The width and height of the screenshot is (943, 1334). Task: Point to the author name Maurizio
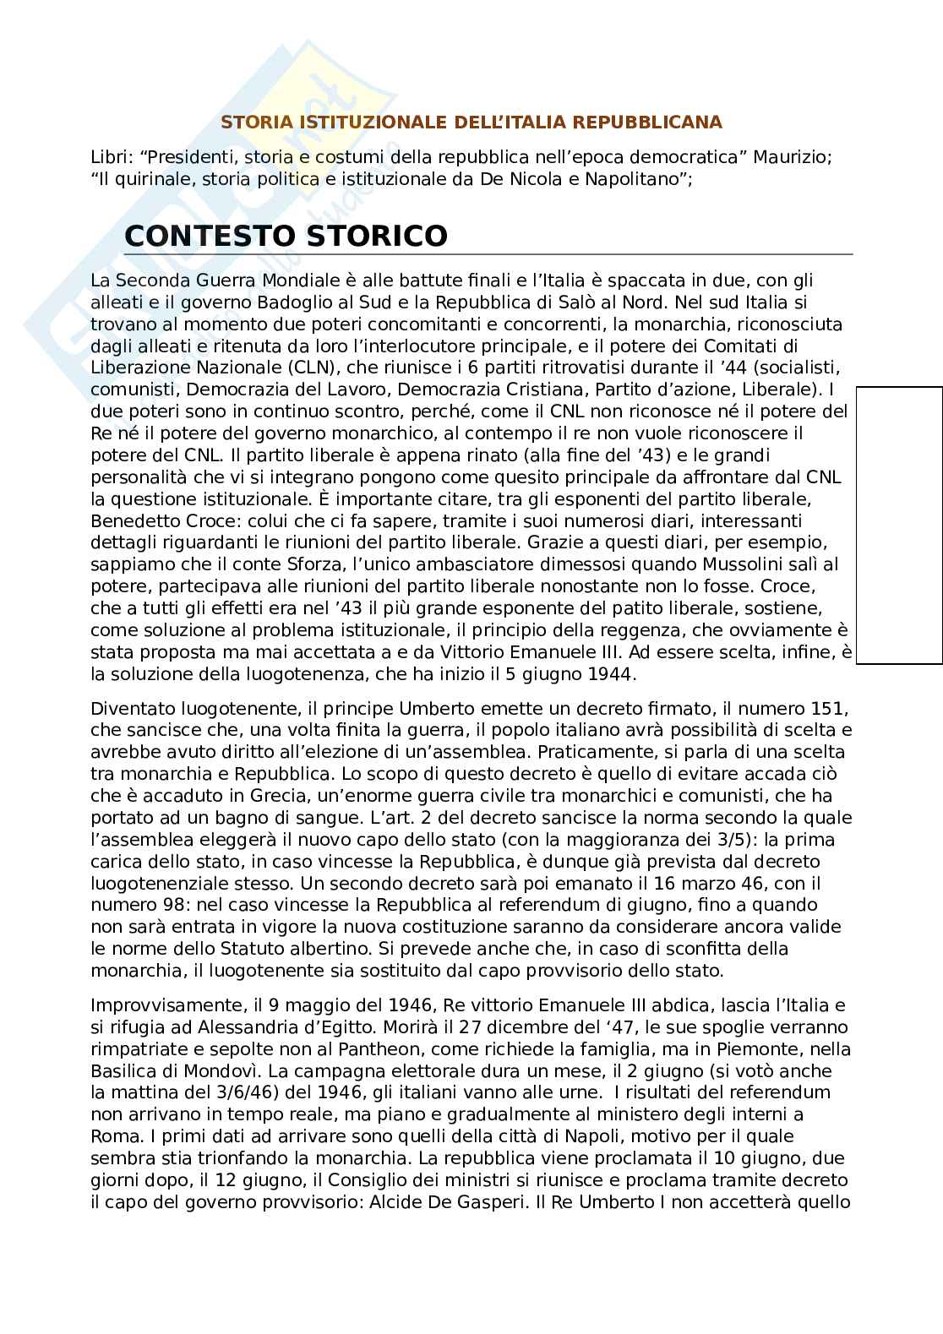coord(792,158)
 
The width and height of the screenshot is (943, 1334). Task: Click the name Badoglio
coord(289,302)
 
